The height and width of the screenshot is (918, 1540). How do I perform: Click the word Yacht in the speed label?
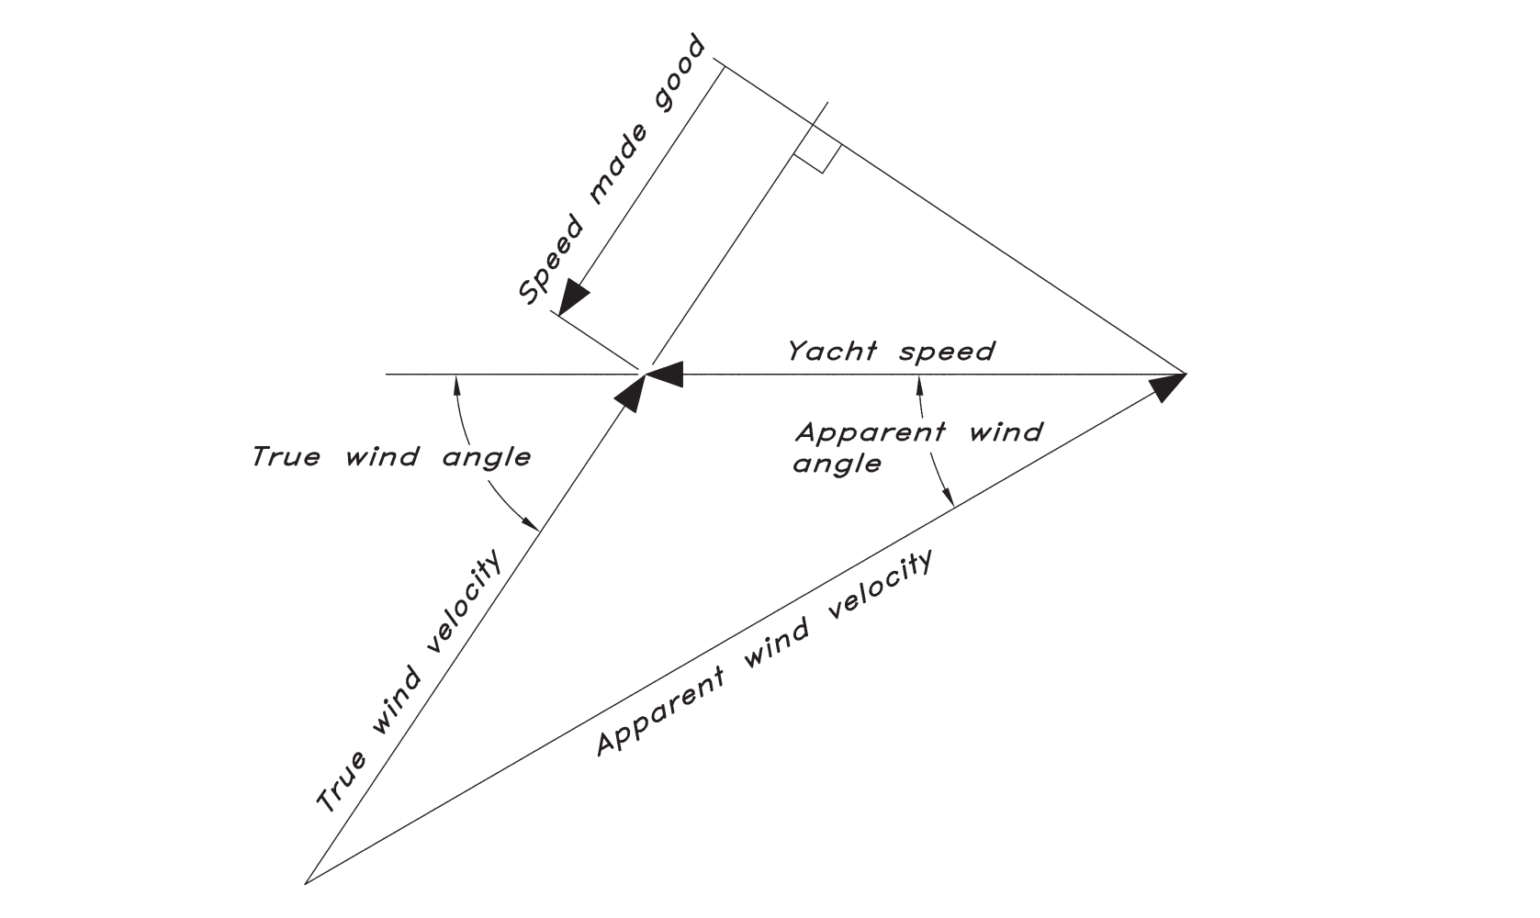[x=832, y=352]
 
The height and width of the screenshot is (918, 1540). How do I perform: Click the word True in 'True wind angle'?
[x=286, y=456]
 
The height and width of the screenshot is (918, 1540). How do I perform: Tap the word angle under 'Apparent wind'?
[x=837, y=465]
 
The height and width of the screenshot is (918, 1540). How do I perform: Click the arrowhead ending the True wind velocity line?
[x=630, y=391]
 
